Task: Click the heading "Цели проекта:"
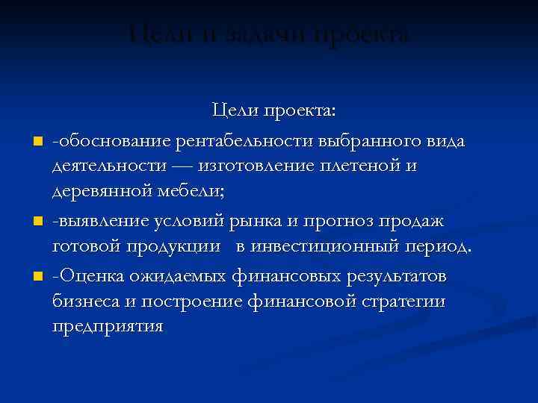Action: click(274, 111)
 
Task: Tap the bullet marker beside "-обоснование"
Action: click(35, 141)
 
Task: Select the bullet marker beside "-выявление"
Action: click(35, 222)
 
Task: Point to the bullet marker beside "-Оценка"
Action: click(35, 278)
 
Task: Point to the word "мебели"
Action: click(197, 193)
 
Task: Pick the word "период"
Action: click(445, 249)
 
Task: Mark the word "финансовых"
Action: click(285, 276)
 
